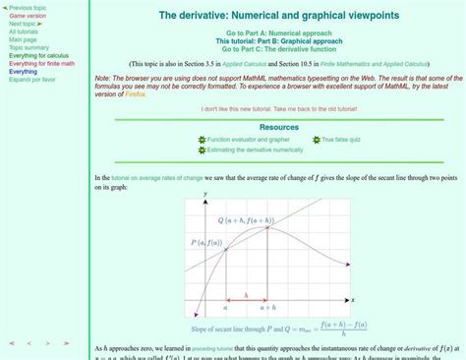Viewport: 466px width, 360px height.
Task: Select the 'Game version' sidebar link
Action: pos(28,16)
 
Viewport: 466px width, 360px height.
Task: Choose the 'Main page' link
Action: pos(23,39)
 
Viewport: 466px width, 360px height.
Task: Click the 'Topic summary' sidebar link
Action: pos(29,47)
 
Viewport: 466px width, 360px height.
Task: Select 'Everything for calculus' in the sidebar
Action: pos(38,55)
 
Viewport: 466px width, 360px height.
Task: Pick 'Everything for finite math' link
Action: pos(42,63)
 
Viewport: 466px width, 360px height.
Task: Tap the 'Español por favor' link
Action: pos(32,80)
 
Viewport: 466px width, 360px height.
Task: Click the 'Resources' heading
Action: pos(279,127)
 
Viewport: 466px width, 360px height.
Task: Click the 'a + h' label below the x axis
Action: pos(268,308)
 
